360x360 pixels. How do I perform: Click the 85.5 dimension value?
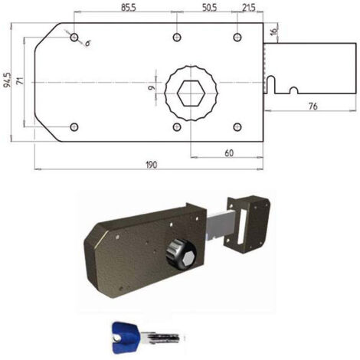(128, 8)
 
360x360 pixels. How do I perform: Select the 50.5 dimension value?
(209, 8)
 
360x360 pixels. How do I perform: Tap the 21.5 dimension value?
(249, 8)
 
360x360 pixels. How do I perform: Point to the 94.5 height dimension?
(8, 80)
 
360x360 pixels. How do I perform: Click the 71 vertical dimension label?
(20, 80)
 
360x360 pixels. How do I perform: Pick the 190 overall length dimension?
(152, 165)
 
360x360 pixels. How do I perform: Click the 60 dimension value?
(229, 153)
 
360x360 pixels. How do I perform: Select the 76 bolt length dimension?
(313, 106)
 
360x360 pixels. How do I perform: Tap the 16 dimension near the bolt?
(273, 31)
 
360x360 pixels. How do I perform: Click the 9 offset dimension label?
(151, 88)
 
